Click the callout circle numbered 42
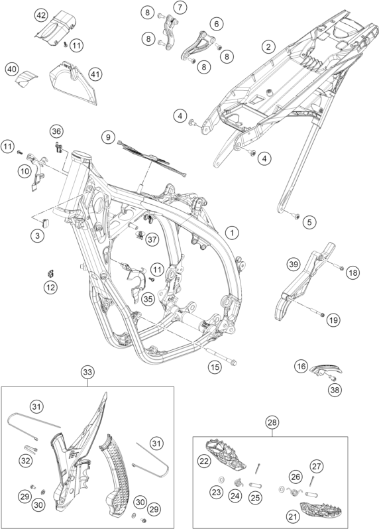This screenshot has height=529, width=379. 42,15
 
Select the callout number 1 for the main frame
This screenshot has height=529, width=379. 232,233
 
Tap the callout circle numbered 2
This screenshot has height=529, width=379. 268,46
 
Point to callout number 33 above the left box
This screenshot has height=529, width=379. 87,373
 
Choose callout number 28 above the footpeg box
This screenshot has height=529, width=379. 272,422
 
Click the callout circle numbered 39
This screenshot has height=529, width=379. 294,264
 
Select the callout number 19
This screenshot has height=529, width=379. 333,320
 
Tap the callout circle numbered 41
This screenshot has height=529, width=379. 95,74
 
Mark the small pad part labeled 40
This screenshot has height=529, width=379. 27,80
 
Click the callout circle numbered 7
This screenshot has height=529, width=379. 180,7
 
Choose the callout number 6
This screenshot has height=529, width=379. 216,24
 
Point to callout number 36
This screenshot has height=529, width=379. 56,131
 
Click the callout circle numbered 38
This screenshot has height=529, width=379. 335,390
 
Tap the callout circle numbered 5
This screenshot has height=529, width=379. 309,221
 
